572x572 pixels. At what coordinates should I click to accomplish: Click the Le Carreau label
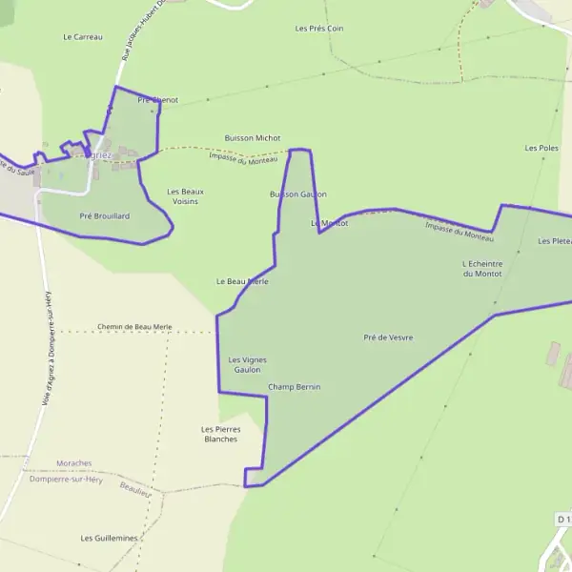pyautogui.click(x=82, y=37)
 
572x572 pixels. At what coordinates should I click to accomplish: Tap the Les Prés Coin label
pyautogui.click(x=319, y=29)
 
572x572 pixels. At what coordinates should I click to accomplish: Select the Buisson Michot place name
pyautogui.click(x=253, y=138)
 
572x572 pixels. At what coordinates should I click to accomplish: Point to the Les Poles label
pyautogui.click(x=541, y=149)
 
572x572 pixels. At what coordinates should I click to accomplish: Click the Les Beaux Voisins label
pyautogui.click(x=185, y=196)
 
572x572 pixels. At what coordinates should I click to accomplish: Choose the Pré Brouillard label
pyautogui.click(x=105, y=216)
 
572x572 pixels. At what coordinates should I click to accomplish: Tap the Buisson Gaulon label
pyautogui.click(x=298, y=194)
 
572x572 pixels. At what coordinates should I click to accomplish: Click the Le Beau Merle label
pyautogui.click(x=242, y=282)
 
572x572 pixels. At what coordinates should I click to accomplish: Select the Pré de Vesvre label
pyautogui.click(x=388, y=337)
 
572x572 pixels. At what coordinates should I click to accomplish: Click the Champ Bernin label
pyautogui.click(x=295, y=387)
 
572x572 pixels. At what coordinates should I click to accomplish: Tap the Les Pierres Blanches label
pyautogui.click(x=221, y=434)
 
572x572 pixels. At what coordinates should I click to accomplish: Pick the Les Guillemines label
pyautogui.click(x=110, y=538)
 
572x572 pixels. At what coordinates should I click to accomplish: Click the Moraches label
pyautogui.click(x=74, y=463)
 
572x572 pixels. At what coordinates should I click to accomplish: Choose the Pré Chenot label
pyautogui.click(x=157, y=100)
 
